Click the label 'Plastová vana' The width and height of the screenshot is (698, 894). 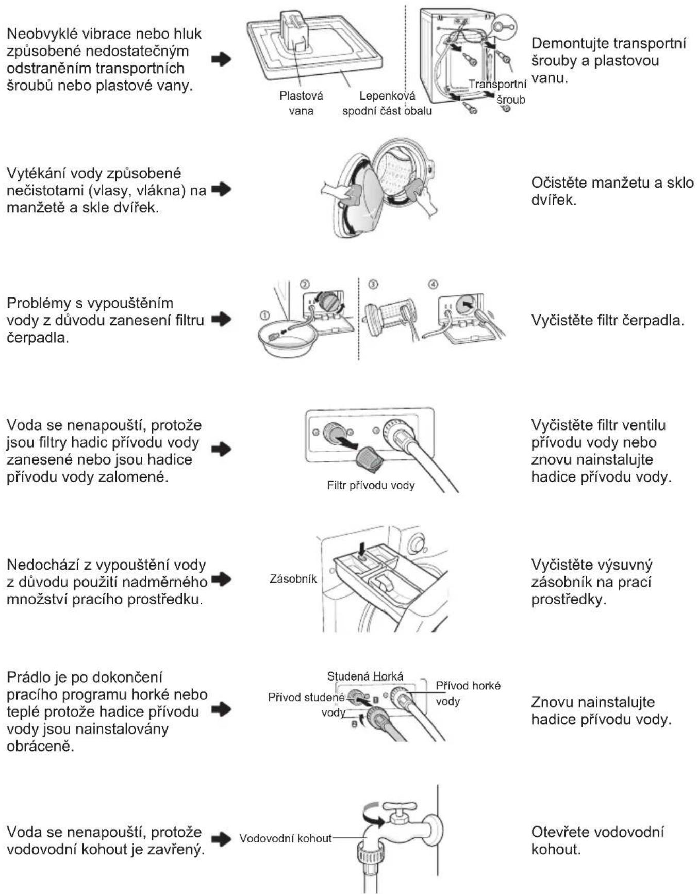pyautogui.click(x=301, y=103)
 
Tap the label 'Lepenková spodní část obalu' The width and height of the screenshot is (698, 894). pyautogui.click(x=387, y=103)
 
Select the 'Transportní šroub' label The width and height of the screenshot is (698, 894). pyautogui.click(x=498, y=92)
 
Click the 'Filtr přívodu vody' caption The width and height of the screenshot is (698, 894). pyautogui.click(x=371, y=485)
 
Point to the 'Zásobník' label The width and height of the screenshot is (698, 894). pyautogui.click(x=293, y=579)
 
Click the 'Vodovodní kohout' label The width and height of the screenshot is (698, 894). pyautogui.click(x=286, y=838)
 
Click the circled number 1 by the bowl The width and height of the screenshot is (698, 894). pyautogui.click(x=264, y=314)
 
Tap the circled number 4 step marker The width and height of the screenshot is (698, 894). pyautogui.click(x=433, y=285)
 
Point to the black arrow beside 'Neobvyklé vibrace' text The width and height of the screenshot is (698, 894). pyautogui.click(x=222, y=59)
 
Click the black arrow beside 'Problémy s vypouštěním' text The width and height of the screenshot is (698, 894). pyautogui.click(x=222, y=320)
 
